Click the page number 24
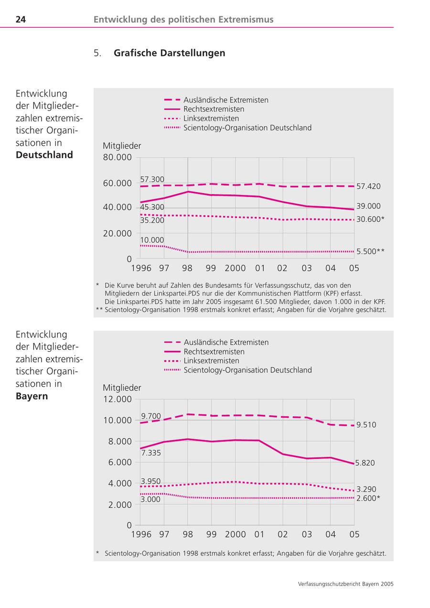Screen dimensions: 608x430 [x=21, y=20]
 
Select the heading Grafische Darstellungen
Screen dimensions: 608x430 [x=169, y=53]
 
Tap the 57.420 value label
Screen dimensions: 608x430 [x=368, y=186]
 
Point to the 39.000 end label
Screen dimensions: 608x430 [x=368, y=206]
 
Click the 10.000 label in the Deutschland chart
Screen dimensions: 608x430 [x=152, y=240]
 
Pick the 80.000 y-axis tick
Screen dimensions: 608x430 [x=117, y=157]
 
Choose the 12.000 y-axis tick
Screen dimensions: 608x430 [x=117, y=399]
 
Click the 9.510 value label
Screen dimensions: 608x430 [x=366, y=424]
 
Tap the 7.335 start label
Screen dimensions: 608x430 [x=151, y=453]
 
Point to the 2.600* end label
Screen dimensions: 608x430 [x=368, y=498]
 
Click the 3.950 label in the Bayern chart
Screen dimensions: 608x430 [x=150, y=481]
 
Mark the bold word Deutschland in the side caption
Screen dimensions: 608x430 [x=44, y=155]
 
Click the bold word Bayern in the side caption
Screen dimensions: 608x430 [x=32, y=396]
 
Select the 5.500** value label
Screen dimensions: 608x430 [x=370, y=251]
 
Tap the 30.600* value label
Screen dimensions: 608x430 [x=370, y=219]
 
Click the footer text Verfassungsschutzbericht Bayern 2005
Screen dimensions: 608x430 [x=345, y=584]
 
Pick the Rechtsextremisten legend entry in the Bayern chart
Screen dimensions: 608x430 [x=214, y=351]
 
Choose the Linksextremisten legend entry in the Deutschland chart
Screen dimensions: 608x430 [x=211, y=119]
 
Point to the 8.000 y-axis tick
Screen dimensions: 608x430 [x=119, y=441]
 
